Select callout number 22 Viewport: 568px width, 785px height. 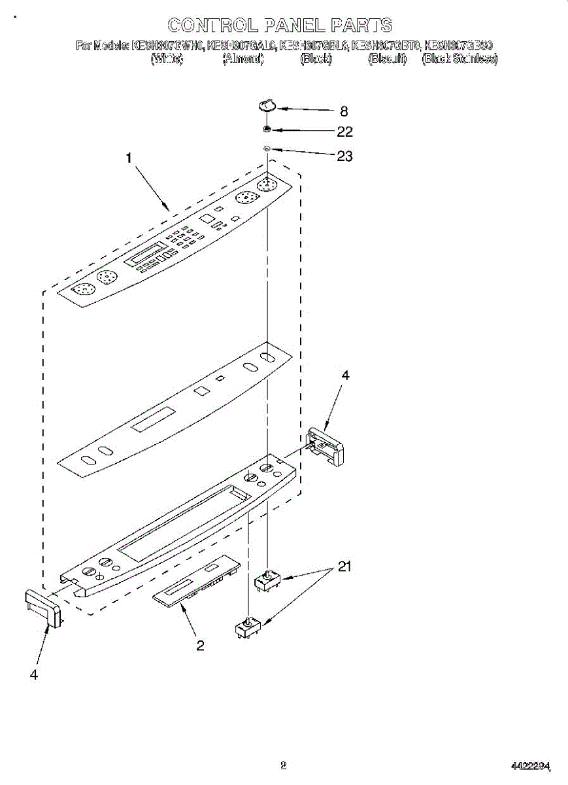[344, 131]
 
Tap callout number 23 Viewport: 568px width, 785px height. [344, 156]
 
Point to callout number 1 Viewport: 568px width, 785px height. [129, 158]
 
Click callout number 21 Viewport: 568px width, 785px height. [344, 567]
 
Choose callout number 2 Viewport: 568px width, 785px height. [200, 646]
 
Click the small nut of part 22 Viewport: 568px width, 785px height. [267, 130]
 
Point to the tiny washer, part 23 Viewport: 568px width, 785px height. [267, 150]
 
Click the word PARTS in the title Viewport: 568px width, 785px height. [361, 26]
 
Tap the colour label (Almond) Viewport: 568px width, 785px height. [242, 59]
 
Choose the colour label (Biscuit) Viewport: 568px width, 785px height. [388, 59]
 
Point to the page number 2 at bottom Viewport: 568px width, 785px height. [283, 764]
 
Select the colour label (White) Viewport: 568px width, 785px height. [167, 59]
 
